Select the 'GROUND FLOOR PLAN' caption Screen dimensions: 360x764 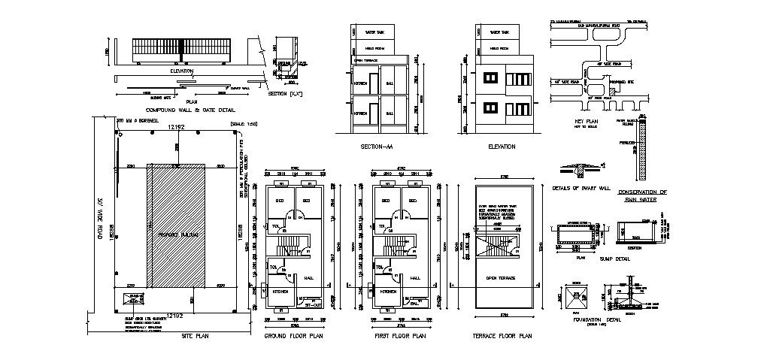pyautogui.click(x=293, y=336)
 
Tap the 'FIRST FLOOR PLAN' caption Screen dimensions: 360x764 pyautogui.click(x=400, y=336)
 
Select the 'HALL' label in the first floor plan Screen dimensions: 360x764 pyautogui.click(x=414, y=277)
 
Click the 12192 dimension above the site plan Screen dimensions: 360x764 pyautogui.click(x=176, y=129)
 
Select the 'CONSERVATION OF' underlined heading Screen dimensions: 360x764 pyautogui.click(x=642, y=192)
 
